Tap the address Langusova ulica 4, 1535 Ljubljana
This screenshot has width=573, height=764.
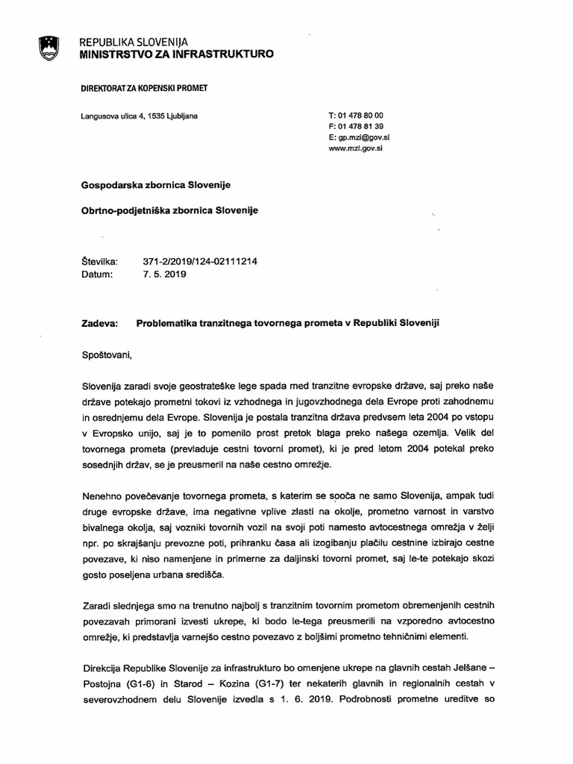click(139, 116)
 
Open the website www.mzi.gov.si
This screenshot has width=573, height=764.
click(354, 148)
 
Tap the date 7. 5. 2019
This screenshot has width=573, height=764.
click(165, 274)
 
